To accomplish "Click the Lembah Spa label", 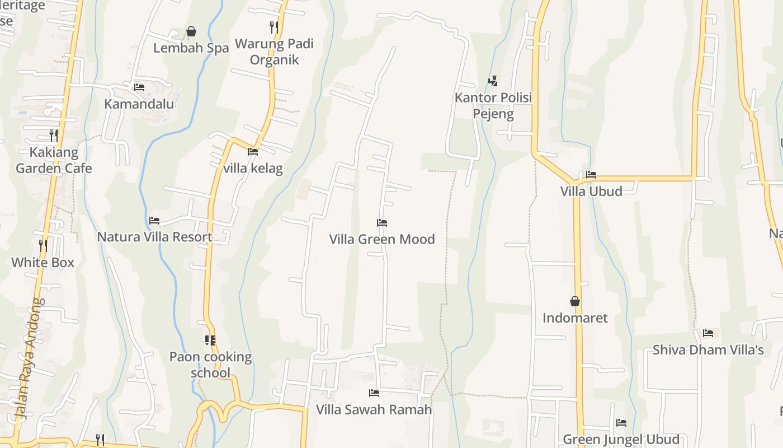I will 191,48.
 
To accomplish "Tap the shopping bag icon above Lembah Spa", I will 191,31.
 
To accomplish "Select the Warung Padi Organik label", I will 274,52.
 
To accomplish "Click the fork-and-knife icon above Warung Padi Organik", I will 274,27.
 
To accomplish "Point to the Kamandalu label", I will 139,104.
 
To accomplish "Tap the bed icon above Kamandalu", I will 139,87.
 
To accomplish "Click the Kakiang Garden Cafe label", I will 54,160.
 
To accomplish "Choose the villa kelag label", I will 253,168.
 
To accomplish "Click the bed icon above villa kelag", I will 253,151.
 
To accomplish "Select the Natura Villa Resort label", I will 155,237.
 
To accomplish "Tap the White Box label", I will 43,262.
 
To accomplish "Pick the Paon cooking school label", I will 210,365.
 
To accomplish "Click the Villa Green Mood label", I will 382,239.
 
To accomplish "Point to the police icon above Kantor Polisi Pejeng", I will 493,81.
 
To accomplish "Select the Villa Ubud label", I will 591,191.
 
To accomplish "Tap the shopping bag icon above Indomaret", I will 575,301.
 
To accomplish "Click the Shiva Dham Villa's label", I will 708,350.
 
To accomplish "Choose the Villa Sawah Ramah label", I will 374,409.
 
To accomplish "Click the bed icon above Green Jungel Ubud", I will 621,423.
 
